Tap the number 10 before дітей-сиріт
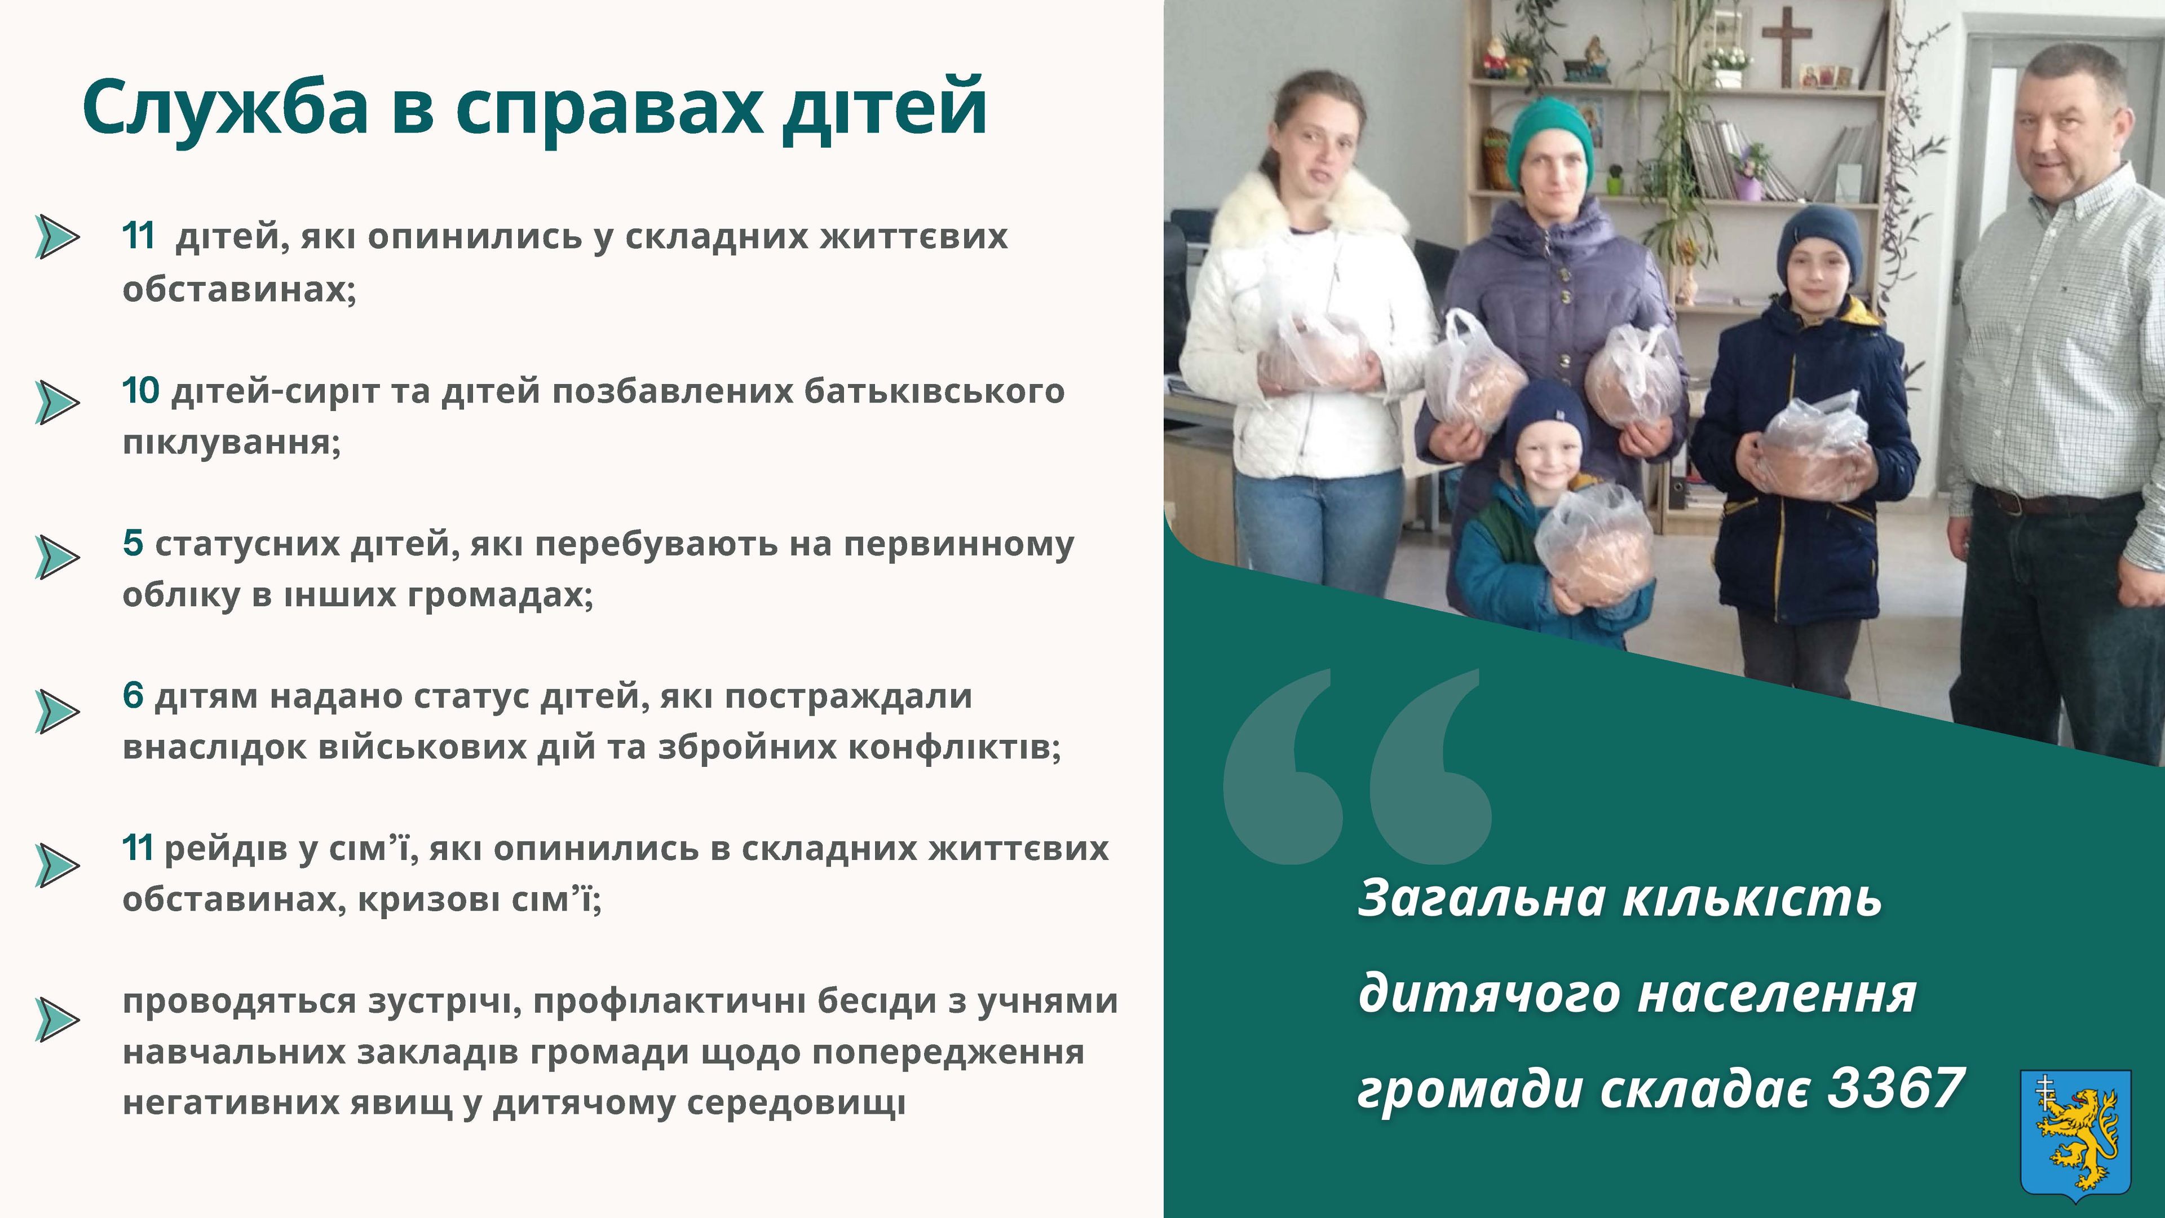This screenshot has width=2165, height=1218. click(140, 391)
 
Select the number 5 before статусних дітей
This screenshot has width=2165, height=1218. click(133, 543)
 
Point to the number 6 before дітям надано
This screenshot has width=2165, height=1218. click(133, 696)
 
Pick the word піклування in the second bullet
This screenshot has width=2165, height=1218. click(232, 442)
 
